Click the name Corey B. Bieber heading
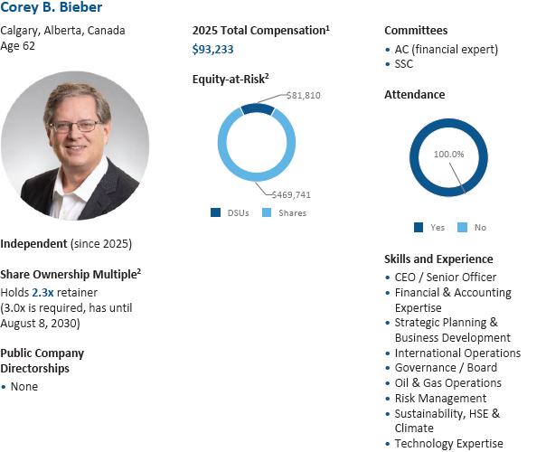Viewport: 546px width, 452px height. tap(52, 8)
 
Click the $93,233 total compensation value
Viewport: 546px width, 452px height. tap(212, 50)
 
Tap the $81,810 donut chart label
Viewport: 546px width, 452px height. tap(303, 95)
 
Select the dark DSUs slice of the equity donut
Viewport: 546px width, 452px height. tap(257, 109)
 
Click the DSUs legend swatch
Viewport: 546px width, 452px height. tap(215, 213)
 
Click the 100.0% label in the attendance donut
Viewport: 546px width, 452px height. tap(448, 154)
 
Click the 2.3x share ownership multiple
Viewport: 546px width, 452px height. tap(42, 292)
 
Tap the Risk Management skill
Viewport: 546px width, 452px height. tap(440, 398)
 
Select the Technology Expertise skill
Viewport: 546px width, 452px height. tap(448, 443)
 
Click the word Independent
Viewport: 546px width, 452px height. tap(33, 244)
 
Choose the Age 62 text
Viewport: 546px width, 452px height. tap(18, 45)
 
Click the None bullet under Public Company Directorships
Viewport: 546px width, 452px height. tap(24, 387)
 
